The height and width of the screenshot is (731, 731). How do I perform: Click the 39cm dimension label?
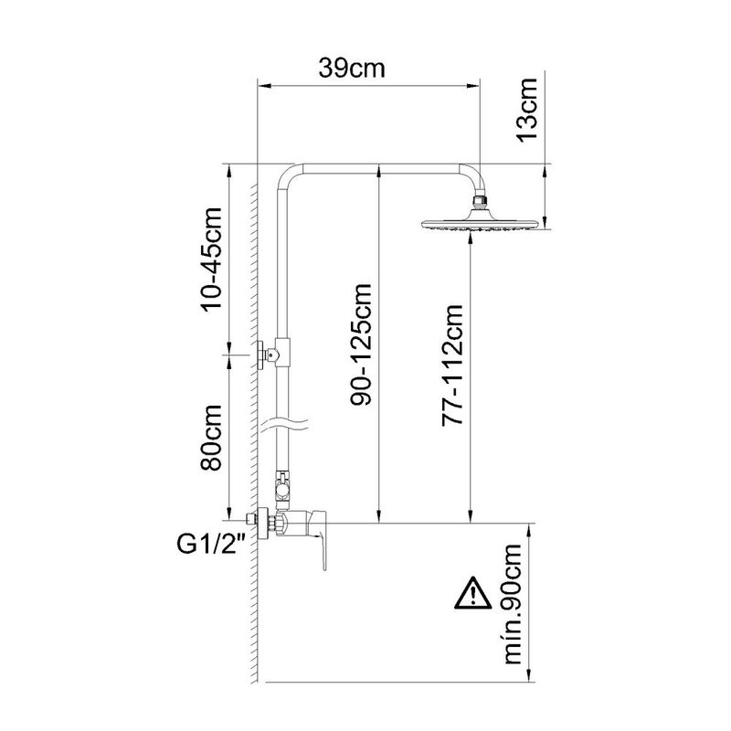(x=352, y=68)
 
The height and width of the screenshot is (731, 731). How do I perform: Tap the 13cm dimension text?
(x=527, y=109)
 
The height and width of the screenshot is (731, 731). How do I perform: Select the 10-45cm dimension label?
(x=211, y=260)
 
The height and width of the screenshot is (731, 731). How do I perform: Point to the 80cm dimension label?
(x=211, y=438)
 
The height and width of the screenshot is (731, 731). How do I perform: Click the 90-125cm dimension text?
(x=361, y=344)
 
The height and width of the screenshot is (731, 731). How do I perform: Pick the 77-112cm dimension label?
(x=452, y=365)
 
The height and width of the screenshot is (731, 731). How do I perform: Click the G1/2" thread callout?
(x=212, y=544)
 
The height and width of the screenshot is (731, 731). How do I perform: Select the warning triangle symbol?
(x=473, y=593)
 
